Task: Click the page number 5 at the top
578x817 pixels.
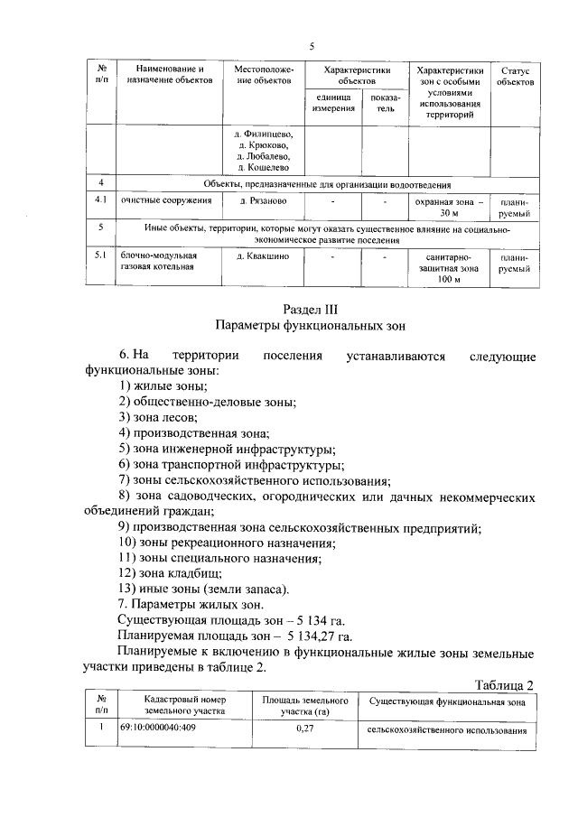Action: coord(312,46)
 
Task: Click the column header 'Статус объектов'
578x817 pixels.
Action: coord(515,75)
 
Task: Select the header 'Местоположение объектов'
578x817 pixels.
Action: coord(264,75)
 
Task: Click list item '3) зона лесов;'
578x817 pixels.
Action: coord(158,416)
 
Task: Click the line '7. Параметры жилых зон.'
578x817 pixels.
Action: coord(192,603)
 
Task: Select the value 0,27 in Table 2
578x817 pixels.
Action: coord(304,729)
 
